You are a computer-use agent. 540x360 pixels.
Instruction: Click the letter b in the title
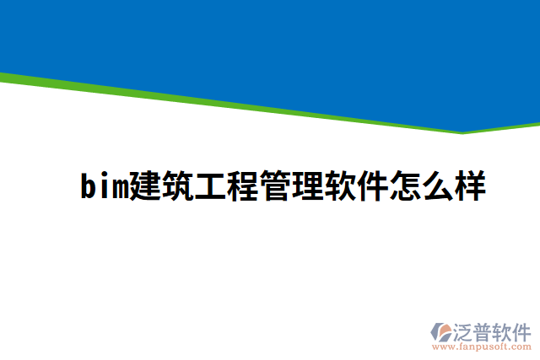click(88, 185)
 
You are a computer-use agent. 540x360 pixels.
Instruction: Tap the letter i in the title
click(104, 185)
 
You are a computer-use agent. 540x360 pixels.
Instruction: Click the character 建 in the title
click(145, 185)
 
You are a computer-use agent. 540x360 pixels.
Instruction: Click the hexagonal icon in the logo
click(441, 331)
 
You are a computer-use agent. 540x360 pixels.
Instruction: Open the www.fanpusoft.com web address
click(483, 346)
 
